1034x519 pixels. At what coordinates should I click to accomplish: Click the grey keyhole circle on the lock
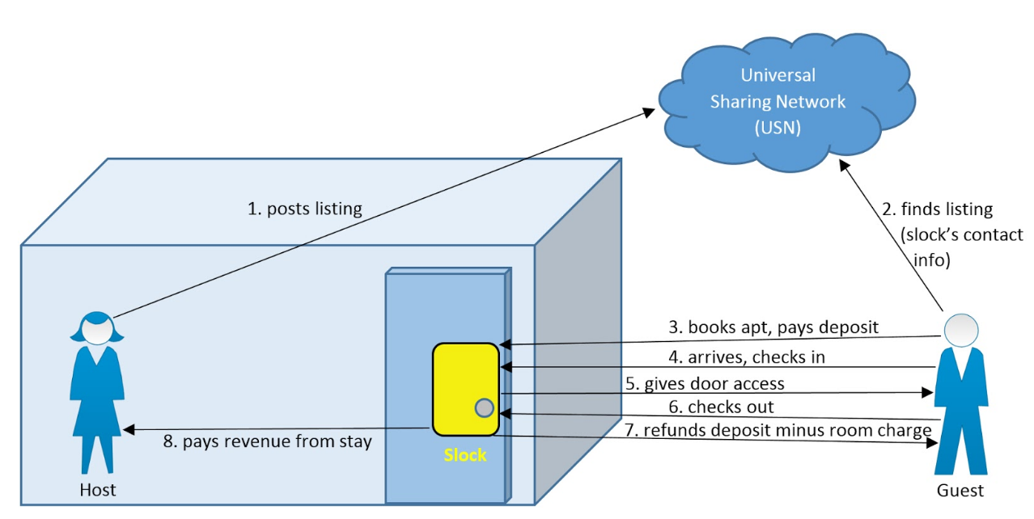point(484,408)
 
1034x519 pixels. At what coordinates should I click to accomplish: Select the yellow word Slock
point(465,455)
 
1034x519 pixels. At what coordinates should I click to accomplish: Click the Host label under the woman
point(98,489)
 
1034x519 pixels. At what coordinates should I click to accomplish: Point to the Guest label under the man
point(960,490)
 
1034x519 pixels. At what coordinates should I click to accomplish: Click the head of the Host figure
point(97,327)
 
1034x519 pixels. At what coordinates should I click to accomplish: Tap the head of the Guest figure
point(961,330)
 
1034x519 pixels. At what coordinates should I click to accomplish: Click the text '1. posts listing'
point(304,209)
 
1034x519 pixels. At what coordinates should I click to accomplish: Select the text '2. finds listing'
point(937,209)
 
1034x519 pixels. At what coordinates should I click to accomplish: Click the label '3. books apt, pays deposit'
point(773,327)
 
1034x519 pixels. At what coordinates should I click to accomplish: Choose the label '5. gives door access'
point(704,382)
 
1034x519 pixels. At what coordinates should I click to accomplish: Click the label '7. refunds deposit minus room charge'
point(778,430)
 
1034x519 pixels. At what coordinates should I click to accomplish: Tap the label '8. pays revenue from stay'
point(266,441)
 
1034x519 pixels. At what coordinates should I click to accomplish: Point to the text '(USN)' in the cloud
point(777,127)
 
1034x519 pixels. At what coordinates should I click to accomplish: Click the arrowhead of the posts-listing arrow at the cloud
point(650,111)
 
